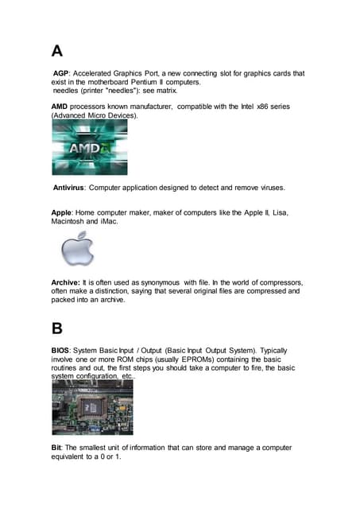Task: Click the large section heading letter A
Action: tap(57, 51)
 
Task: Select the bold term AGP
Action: tap(61, 73)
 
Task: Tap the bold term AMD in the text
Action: tap(62, 106)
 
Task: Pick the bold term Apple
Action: tap(61, 212)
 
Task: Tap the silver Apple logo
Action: tap(78, 249)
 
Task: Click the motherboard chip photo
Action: tap(91, 407)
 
